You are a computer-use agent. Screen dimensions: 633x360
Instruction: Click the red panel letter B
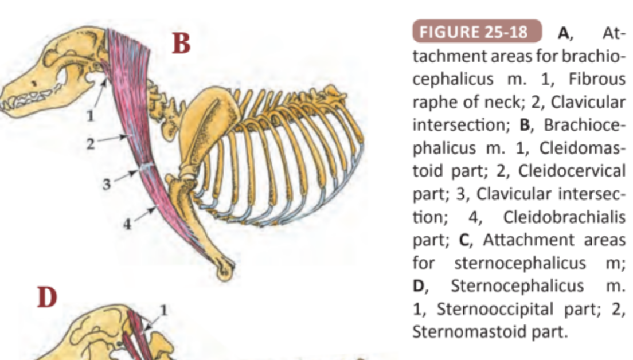tap(181, 44)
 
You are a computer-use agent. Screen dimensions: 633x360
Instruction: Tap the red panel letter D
tap(48, 298)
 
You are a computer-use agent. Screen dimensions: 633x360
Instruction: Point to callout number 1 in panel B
tap(89, 116)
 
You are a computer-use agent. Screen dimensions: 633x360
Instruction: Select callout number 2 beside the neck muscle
tap(90, 144)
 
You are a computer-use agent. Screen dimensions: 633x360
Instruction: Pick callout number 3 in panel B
tap(106, 185)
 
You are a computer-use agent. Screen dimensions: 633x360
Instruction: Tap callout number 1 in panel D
tap(163, 310)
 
